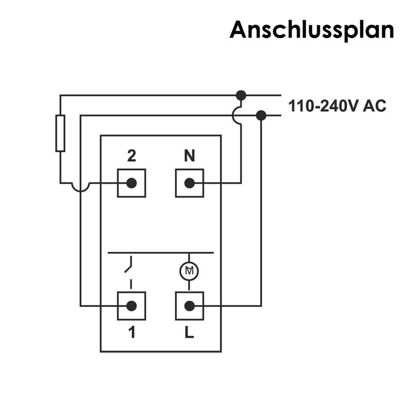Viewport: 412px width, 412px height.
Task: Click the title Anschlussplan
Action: [x=312, y=29]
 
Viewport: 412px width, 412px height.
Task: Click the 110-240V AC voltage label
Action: [x=337, y=107]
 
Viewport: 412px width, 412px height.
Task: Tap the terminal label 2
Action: [x=131, y=156]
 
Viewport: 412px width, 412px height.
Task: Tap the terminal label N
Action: [x=190, y=156]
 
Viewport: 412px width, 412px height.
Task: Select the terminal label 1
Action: [x=131, y=333]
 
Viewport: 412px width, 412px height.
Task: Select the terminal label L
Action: [x=190, y=333]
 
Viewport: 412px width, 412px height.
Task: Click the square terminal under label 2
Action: [x=131, y=183]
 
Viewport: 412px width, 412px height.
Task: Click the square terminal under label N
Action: [x=190, y=183]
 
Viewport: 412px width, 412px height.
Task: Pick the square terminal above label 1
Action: [x=131, y=306]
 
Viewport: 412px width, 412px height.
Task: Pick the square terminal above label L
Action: [x=190, y=306]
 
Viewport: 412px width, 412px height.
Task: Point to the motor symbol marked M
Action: [x=189, y=270]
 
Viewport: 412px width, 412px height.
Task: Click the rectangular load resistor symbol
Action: [x=60, y=133]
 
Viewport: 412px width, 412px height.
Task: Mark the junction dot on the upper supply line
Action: [x=241, y=95]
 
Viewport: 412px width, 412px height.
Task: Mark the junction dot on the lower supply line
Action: [x=261, y=115]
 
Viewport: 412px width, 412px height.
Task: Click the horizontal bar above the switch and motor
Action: [x=160, y=253]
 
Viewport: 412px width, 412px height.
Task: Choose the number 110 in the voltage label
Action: [x=298, y=107]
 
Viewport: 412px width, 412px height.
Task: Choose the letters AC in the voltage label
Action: [x=374, y=107]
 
